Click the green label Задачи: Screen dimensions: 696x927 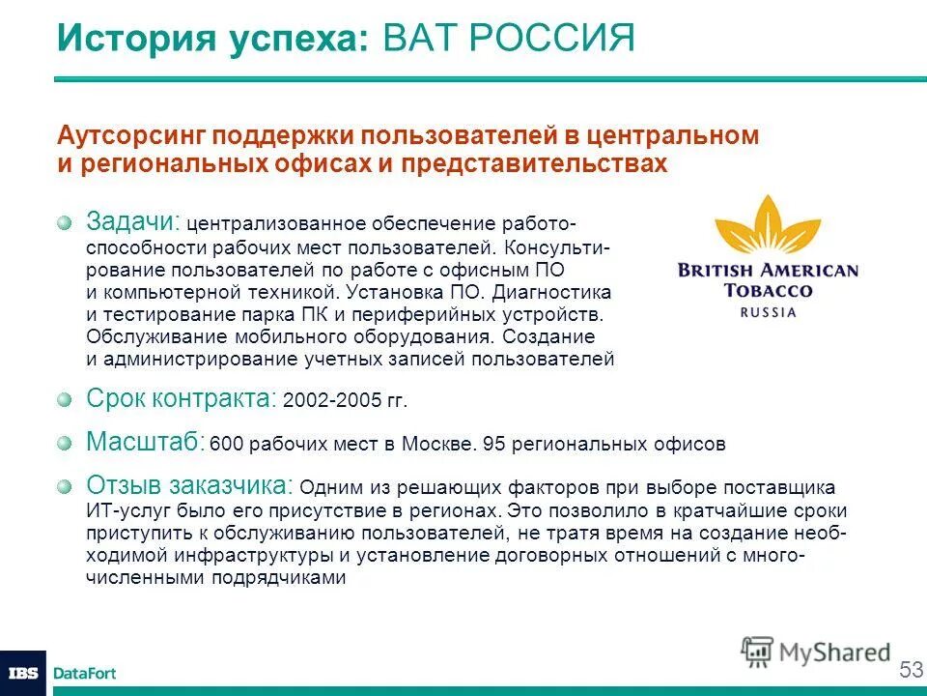tap(133, 221)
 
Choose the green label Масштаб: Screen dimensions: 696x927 tap(145, 443)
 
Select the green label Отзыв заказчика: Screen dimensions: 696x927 tap(190, 485)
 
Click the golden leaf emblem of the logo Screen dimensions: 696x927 tap(768, 229)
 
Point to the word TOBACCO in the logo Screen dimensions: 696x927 tap(768, 290)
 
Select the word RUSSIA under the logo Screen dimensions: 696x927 tap(769, 312)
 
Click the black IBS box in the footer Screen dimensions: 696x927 tap(22, 673)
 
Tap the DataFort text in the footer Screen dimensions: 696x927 tap(84, 673)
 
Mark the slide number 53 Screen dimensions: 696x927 tap(910, 669)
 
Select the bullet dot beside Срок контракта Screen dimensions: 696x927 tap(64, 398)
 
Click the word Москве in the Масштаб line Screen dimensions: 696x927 tap(447, 445)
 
